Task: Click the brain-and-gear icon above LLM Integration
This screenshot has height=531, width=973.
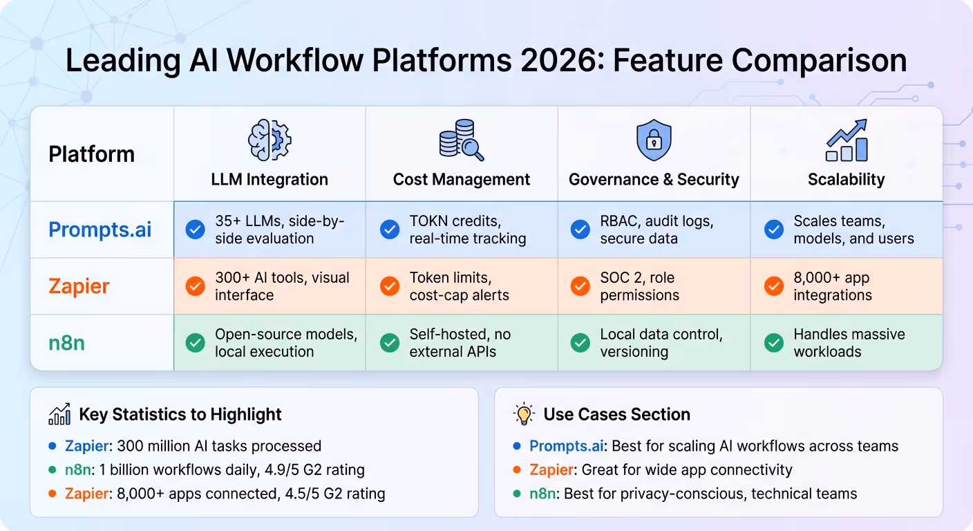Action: [270, 140]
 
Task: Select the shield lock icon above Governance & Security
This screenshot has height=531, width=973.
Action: [654, 140]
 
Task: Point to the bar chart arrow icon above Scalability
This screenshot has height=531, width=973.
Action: [847, 140]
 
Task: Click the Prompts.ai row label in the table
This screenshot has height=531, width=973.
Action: [100, 230]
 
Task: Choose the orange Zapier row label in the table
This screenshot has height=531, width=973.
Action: [79, 286]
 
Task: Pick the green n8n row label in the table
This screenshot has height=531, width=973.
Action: [66, 343]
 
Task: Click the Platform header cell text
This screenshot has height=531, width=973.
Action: [91, 154]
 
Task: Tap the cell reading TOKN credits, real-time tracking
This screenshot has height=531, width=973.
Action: [468, 230]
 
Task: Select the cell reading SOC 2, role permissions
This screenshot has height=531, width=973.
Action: [639, 286]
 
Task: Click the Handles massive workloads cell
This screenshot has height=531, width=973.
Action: [849, 343]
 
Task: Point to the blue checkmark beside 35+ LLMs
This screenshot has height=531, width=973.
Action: [196, 230]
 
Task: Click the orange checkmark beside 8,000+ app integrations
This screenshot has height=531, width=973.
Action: [774, 286]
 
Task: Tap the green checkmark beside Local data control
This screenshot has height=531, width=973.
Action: [580, 342]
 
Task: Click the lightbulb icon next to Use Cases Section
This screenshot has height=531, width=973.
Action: [525, 414]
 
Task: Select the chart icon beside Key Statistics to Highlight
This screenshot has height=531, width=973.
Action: [59, 414]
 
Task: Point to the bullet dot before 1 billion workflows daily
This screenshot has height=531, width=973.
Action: [53, 470]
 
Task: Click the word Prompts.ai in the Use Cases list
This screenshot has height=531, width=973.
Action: [567, 446]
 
